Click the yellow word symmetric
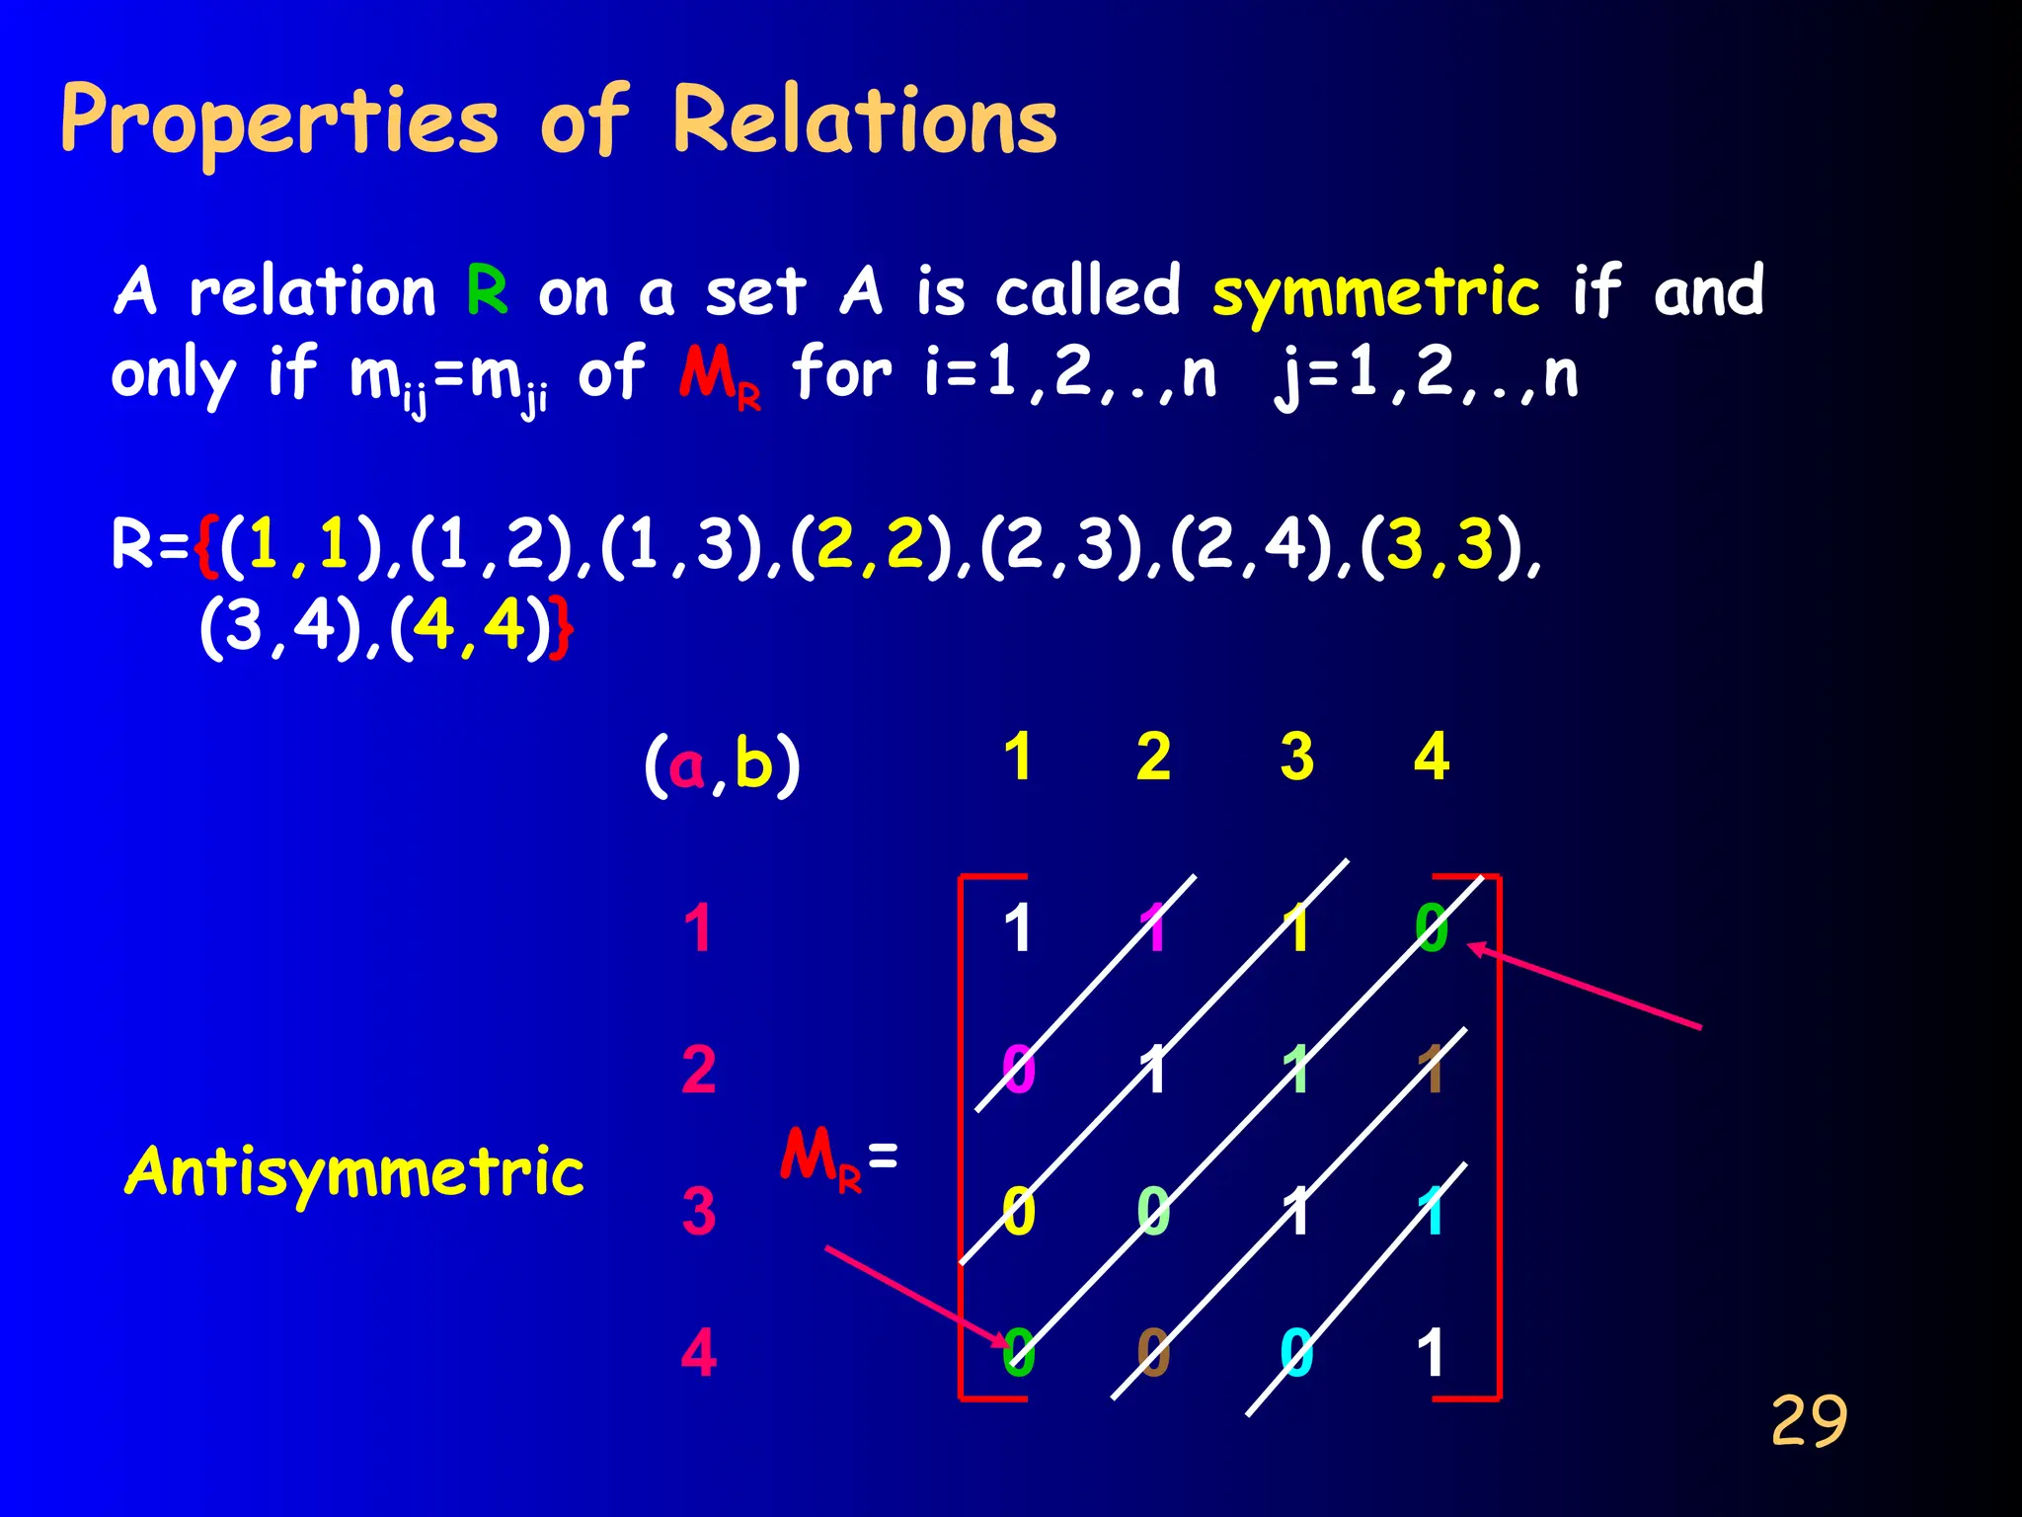(1375, 293)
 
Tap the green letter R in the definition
(488, 290)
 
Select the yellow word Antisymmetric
(354, 1172)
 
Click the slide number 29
(1809, 1421)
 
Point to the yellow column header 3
(1296, 758)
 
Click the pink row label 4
(698, 1352)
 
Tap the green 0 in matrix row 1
(1432, 928)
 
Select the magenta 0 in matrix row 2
(1018, 1070)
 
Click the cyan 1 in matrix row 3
(1432, 1212)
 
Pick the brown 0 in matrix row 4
(1153, 1352)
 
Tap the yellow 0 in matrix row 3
(1018, 1212)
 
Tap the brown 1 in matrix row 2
(1432, 1070)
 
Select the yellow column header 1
(1018, 758)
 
